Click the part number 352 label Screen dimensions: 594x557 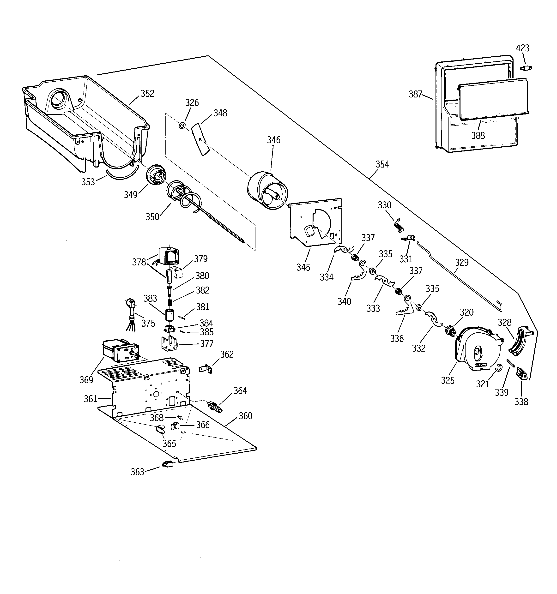[147, 94]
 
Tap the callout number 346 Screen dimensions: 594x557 [273, 140]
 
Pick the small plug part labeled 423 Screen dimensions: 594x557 [526, 68]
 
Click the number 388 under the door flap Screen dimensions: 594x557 [478, 136]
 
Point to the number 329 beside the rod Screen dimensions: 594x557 [462, 262]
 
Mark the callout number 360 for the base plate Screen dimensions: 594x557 [245, 416]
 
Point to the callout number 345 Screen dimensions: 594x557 [303, 267]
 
